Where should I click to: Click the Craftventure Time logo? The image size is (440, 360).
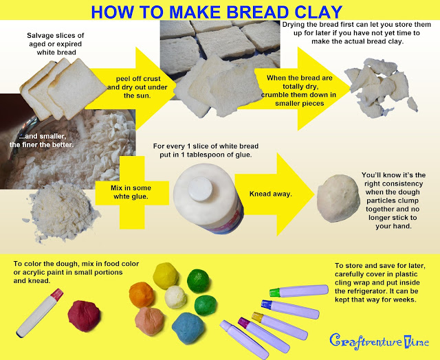[380, 339]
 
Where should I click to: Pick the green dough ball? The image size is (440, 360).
[204, 303]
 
